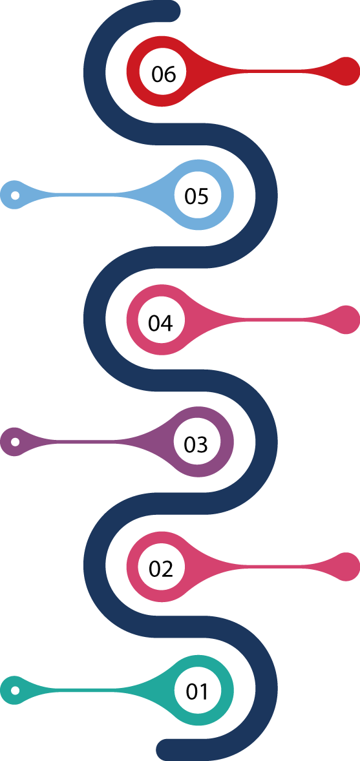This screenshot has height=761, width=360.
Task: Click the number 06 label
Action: [163, 74]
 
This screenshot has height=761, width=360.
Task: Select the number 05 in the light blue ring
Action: [196, 196]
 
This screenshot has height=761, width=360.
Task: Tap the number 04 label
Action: [161, 322]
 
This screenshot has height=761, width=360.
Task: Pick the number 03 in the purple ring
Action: [196, 444]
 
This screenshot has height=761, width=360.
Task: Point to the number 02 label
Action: [162, 568]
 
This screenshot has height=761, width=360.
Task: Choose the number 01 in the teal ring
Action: [197, 691]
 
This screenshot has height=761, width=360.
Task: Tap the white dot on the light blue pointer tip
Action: [15, 195]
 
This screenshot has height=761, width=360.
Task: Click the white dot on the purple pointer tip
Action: [15, 442]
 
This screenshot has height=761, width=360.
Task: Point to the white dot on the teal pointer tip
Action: [15, 690]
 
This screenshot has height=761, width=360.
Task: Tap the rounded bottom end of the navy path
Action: [167, 750]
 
